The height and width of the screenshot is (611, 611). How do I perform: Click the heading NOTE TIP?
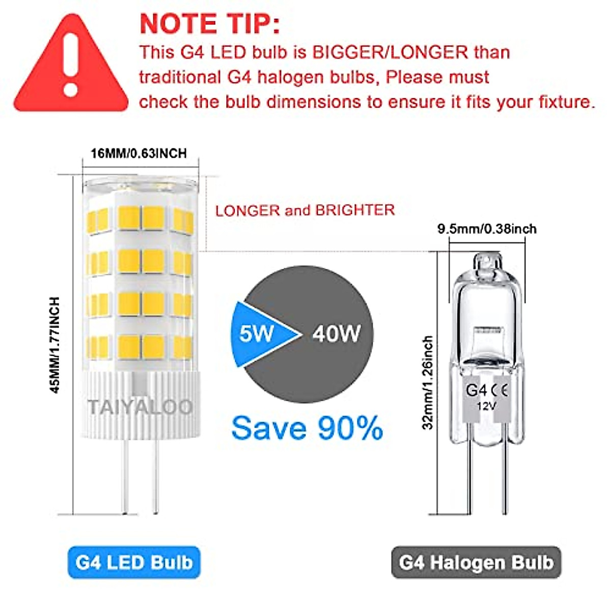coord(209,24)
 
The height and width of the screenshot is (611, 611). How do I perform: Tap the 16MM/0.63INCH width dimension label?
coord(138,153)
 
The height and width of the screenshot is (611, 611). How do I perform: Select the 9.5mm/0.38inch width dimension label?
coord(487,229)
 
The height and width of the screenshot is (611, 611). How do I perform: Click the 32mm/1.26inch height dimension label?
coord(428,382)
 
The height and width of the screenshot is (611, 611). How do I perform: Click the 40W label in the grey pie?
coord(336,334)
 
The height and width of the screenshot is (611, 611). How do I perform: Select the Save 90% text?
coord(307,428)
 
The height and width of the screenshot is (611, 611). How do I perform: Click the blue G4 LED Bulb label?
coord(134,563)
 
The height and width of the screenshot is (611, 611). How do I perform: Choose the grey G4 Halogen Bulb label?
coord(476,563)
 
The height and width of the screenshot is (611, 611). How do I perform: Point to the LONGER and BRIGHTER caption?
coord(305,210)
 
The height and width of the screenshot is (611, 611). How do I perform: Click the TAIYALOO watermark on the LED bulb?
coord(140,407)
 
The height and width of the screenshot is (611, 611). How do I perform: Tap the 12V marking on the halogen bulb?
coord(487,406)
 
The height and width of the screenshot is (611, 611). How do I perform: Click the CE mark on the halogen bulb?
coord(499,391)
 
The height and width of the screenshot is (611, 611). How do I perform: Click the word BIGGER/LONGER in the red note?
coord(390,52)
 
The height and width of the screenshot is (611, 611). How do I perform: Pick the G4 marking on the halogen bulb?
coord(476,391)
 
